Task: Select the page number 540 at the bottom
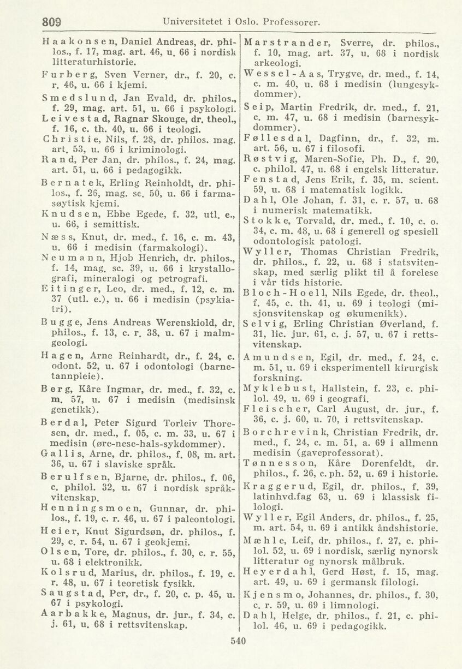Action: tap(238, 640)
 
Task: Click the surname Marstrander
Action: tap(283, 41)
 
